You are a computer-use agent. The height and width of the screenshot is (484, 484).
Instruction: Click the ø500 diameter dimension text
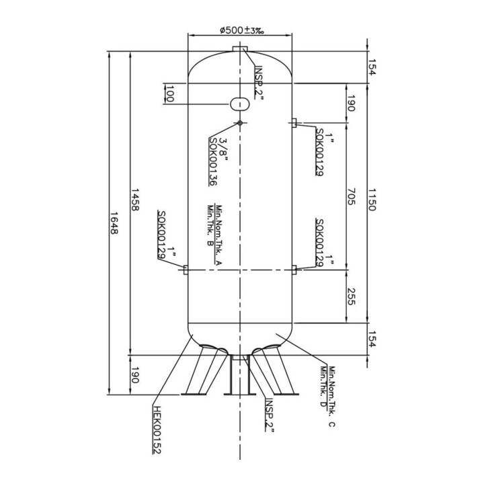click(x=242, y=30)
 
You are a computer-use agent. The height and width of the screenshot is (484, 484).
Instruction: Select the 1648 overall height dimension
click(x=114, y=223)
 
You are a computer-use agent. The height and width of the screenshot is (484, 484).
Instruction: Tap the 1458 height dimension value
click(x=135, y=200)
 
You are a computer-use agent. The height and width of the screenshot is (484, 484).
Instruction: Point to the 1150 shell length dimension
click(x=372, y=200)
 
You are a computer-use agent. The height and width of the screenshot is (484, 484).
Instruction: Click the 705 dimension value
click(x=352, y=196)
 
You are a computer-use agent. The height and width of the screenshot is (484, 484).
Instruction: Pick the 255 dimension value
click(x=352, y=296)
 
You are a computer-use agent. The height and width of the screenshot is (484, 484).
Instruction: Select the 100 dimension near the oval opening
click(x=169, y=94)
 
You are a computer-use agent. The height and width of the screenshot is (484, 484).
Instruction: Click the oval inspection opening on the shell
click(x=240, y=104)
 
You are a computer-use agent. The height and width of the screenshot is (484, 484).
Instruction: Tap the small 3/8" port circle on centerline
click(x=240, y=123)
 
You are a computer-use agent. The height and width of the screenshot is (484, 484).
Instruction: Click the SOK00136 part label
click(x=213, y=161)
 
